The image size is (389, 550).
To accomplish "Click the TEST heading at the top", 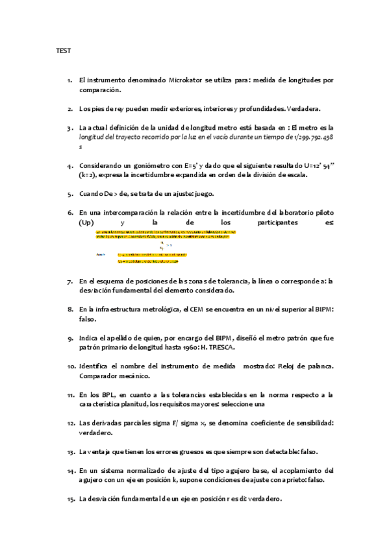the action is (x=63, y=51).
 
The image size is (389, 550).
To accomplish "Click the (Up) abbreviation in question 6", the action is (x=86, y=222).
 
